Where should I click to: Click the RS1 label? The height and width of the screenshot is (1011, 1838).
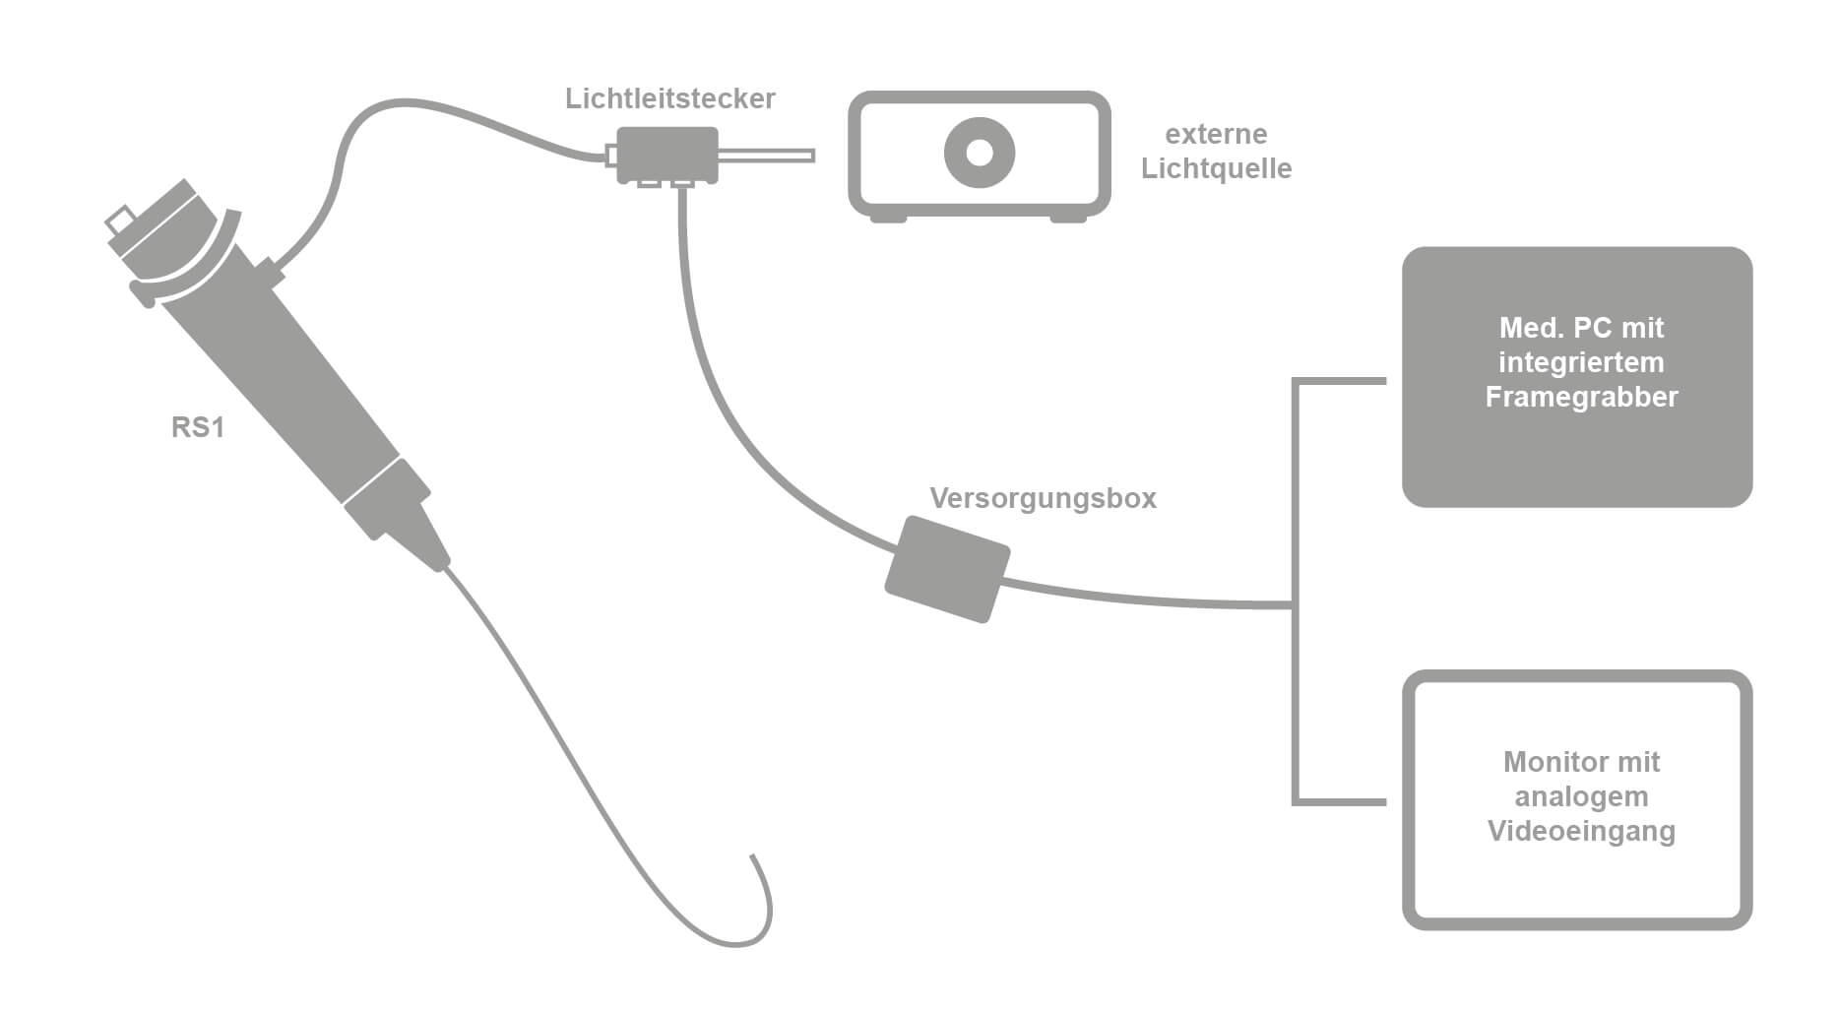(x=198, y=427)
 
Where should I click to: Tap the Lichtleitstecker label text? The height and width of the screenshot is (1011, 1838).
(x=669, y=98)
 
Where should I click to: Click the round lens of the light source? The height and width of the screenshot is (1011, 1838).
(x=979, y=153)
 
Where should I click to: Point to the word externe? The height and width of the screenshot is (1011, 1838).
(x=1216, y=134)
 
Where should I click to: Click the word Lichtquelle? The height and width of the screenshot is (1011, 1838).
(x=1216, y=168)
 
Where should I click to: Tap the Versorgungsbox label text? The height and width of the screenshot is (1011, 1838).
(x=1043, y=498)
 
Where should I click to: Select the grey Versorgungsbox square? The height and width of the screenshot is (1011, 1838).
(x=947, y=570)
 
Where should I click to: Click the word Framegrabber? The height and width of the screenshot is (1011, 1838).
(x=1581, y=397)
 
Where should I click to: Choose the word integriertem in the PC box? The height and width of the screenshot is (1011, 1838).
(x=1581, y=362)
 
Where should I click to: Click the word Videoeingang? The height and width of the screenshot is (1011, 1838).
(x=1581, y=831)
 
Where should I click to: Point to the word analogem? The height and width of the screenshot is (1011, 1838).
(x=1581, y=796)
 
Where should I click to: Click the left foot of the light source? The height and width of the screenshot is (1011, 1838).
(x=888, y=218)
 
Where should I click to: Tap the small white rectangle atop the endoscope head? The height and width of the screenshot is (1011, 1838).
(x=122, y=220)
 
